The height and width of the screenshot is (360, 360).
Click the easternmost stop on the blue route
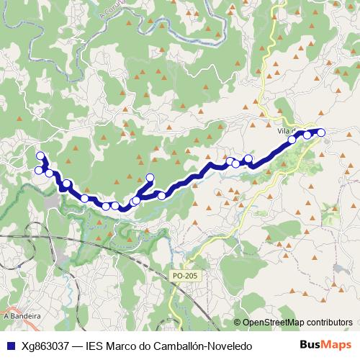point(321,132)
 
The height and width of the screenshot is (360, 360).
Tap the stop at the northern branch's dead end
point(150,178)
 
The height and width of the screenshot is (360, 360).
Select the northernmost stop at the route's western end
point(40,156)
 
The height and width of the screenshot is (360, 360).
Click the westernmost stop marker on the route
point(39,170)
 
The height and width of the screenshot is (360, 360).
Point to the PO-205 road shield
point(184,275)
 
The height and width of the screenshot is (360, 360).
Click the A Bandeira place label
point(21,315)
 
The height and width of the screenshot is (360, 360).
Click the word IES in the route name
point(95,346)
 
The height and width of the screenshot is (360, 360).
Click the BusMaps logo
point(325,345)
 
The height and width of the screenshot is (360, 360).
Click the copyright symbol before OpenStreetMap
point(237,323)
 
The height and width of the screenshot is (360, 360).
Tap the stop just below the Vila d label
point(292,140)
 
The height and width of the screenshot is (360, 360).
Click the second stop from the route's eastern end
point(307,135)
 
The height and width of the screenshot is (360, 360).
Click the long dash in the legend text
point(77,346)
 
